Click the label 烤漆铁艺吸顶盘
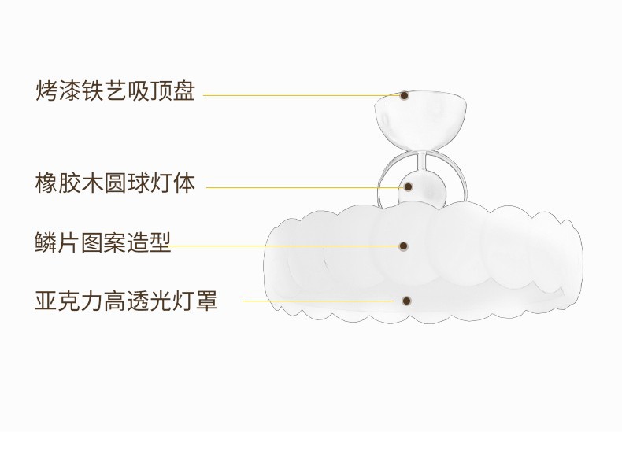click(115, 93)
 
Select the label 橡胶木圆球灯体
click(115, 186)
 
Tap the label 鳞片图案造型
click(103, 243)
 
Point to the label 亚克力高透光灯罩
click(126, 300)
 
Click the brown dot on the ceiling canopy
click(404, 95)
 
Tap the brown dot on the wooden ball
click(409, 187)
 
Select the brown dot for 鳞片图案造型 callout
click(404, 246)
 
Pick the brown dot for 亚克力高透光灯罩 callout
click(406, 301)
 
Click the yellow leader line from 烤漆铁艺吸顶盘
click(299, 95)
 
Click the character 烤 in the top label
click(47, 93)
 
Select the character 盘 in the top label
click(183, 93)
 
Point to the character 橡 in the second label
click(47, 186)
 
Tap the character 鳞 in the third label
click(47, 243)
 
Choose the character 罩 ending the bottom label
click(206, 300)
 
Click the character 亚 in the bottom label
click(47, 300)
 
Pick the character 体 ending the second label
click(183, 186)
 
